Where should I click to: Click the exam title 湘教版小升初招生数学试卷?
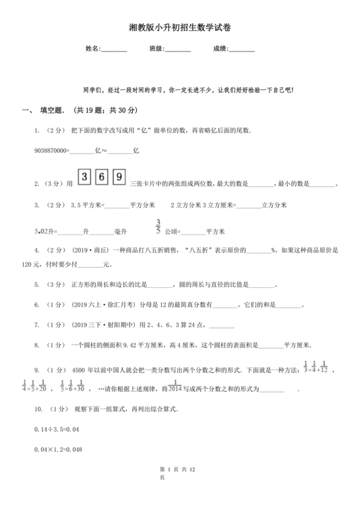coord(179,28)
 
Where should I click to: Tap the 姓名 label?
coord(93,49)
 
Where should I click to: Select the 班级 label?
coord(157,49)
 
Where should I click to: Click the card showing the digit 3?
coord(84,176)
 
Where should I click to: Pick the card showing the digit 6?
coord(102,176)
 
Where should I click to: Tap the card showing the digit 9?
coord(119,176)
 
